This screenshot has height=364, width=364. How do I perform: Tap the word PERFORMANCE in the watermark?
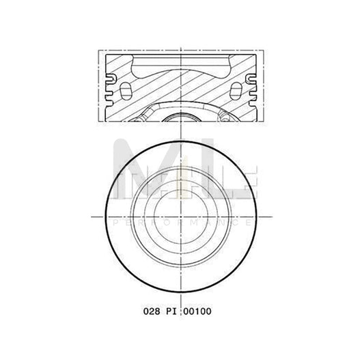[x=182, y=223]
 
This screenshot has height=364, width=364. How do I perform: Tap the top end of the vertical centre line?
[x=182, y=41]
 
